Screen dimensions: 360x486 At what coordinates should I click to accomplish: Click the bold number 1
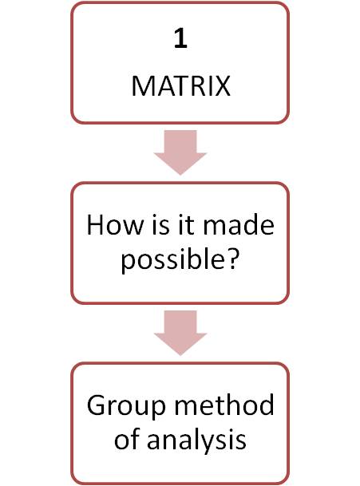click(x=180, y=38)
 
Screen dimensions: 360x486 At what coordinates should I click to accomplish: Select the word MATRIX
click(x=180, y=86)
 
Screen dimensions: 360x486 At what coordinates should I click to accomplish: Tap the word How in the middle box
click(x=115, y=225)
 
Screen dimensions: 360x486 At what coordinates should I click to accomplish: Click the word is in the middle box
click(x=160, y=225)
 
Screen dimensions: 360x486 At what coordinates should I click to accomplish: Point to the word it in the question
click(x=185, y=225)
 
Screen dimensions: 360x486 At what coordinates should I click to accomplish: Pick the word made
click(x=238, y=225)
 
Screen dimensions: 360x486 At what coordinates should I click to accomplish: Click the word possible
click(x=172, y=259)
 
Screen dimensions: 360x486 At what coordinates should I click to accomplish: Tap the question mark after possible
click(x=231, y=258)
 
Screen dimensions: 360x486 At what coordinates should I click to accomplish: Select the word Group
click(x=126, y=406)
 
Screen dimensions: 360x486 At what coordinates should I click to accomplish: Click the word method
click(x=224, y=405)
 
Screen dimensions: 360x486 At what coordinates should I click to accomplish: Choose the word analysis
click(x=196, y=441)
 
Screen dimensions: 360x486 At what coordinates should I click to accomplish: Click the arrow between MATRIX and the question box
click(x=180, y=152)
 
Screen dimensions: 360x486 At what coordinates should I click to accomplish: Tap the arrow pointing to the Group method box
click(x=180, y=333)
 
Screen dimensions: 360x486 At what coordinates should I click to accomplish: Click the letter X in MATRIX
click(x=223, y=86)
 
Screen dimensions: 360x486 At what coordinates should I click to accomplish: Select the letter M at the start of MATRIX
click(x=142, y=86)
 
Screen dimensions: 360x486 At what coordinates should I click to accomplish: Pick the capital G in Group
click(x=97, y=405)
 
